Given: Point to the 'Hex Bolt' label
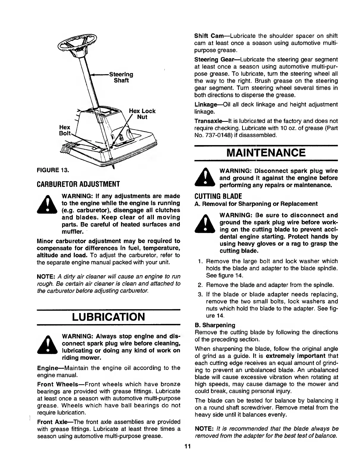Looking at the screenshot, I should point(65,130).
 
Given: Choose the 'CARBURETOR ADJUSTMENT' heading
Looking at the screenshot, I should point(78,184).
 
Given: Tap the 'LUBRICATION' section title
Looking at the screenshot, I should point(108,317).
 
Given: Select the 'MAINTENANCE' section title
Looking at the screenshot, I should point(266,153).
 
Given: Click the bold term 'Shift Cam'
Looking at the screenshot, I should point(207,36).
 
